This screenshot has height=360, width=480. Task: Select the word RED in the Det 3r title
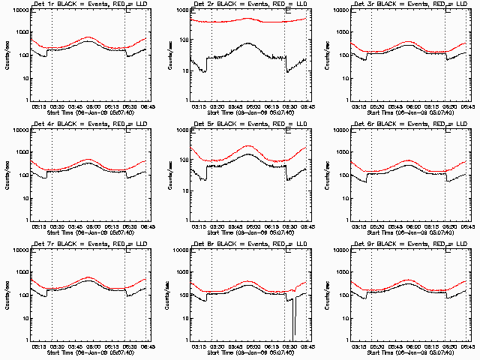coord(427,4)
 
